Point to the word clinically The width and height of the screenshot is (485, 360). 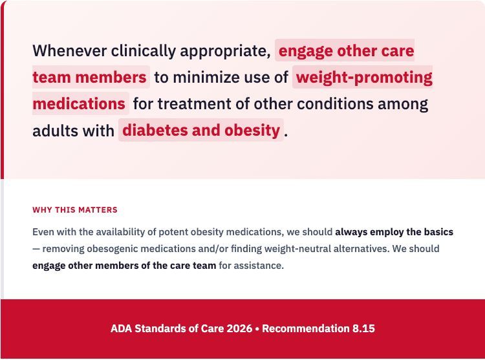tap(143, 50)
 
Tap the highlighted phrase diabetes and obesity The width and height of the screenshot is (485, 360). tap(200, 130)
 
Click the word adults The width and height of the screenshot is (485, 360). tap(55, 130)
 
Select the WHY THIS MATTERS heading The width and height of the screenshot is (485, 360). tap(75, 210)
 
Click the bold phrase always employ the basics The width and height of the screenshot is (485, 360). tap(394, 231)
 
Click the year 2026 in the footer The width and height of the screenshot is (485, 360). tap(239, 328)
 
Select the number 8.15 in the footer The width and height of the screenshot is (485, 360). tap(363, 328)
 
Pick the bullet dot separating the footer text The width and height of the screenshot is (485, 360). tap(257, 328)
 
